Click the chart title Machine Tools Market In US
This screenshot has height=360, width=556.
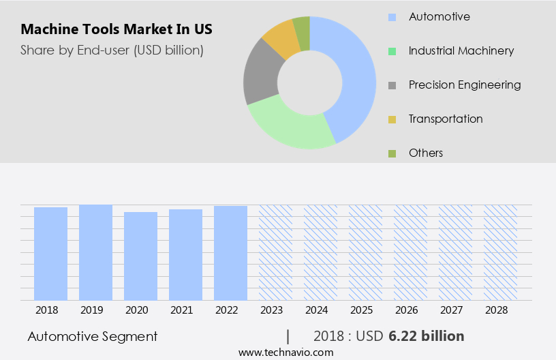117,29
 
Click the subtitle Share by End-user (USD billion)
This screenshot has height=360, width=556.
112,50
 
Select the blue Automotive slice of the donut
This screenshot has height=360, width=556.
355,75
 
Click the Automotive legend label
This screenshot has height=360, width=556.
439,16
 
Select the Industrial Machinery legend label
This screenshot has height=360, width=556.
461,50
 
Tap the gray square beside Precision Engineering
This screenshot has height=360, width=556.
392,85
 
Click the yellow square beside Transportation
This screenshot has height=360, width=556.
392,119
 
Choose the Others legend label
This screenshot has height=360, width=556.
425,153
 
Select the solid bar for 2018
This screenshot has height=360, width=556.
51,253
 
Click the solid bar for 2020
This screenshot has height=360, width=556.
141,256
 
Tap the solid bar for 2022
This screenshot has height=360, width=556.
231,252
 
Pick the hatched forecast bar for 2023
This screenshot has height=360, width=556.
276,252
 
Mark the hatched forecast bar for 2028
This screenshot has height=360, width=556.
501,252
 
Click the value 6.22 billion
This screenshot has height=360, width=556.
427,336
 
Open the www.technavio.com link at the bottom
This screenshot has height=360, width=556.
286,352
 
